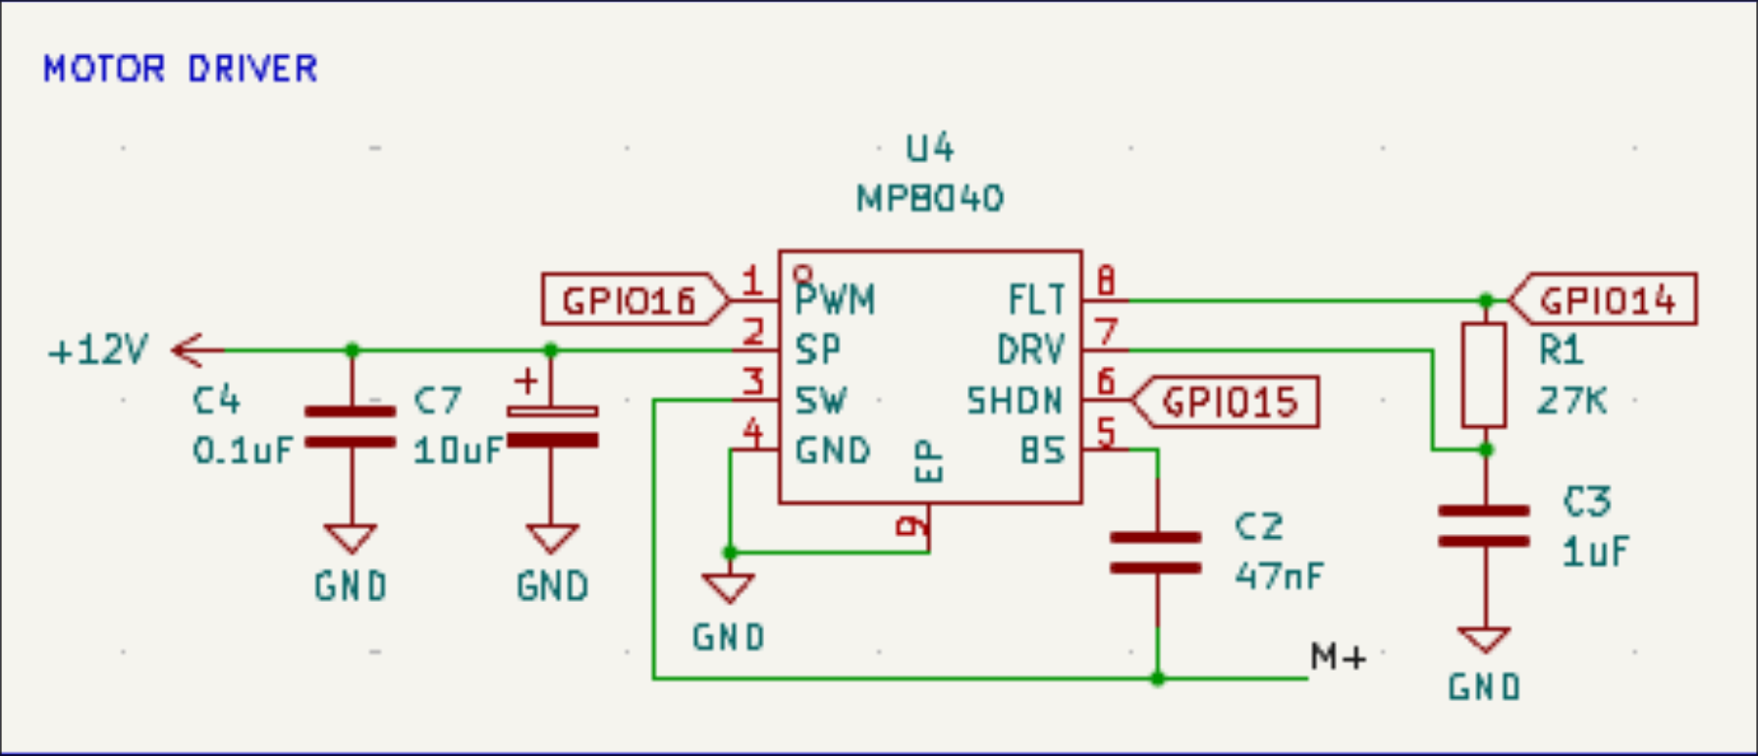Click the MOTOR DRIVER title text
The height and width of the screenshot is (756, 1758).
point(181,69)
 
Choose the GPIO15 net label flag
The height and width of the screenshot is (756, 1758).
point(1229,402)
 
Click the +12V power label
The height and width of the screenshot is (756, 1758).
point(98,351)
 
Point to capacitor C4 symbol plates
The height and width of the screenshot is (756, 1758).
point(351,427)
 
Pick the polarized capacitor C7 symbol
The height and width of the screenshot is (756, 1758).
point(551,426)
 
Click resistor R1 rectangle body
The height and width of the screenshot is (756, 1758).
point(1484,374)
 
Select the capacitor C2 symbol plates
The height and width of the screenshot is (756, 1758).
point(1156,553)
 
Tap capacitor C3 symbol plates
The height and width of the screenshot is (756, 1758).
point(1484,526)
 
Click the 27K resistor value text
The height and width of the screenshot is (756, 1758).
point(1571,401)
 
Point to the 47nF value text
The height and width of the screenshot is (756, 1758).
point(1279,574)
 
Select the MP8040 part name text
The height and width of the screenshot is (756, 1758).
point(929,199)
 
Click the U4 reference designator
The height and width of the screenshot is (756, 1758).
point(929,148)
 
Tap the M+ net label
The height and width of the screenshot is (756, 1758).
point(1338,657)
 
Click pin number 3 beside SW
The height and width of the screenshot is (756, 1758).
point(752,381)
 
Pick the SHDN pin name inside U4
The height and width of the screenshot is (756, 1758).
point(1015,402)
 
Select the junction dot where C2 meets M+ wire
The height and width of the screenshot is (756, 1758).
point(1158,678)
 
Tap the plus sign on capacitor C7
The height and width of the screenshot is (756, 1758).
point(526,380)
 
